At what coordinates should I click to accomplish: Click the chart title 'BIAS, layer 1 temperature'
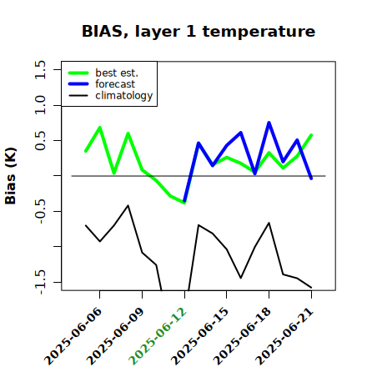click(199, 32)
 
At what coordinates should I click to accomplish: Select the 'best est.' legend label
click(117, 73)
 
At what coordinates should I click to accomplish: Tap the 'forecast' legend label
click(115, 84)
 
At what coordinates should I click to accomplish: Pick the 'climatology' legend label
click(124, 96)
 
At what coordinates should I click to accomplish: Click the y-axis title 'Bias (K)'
click(11, 176)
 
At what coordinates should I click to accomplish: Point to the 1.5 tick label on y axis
click(40, 69)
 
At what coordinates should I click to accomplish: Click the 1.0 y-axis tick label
click(40, 105)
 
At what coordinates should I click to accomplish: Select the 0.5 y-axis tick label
click(40, 140)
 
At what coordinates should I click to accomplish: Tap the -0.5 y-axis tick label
click(41, 211)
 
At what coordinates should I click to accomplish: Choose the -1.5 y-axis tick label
click(41, 282)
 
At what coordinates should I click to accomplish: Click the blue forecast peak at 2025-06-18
click(269, 123)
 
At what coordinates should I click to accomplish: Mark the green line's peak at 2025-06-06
click(100, 128)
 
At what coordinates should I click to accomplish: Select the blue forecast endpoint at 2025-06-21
click(311, 178)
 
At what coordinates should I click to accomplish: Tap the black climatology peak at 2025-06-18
click(269, 223)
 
